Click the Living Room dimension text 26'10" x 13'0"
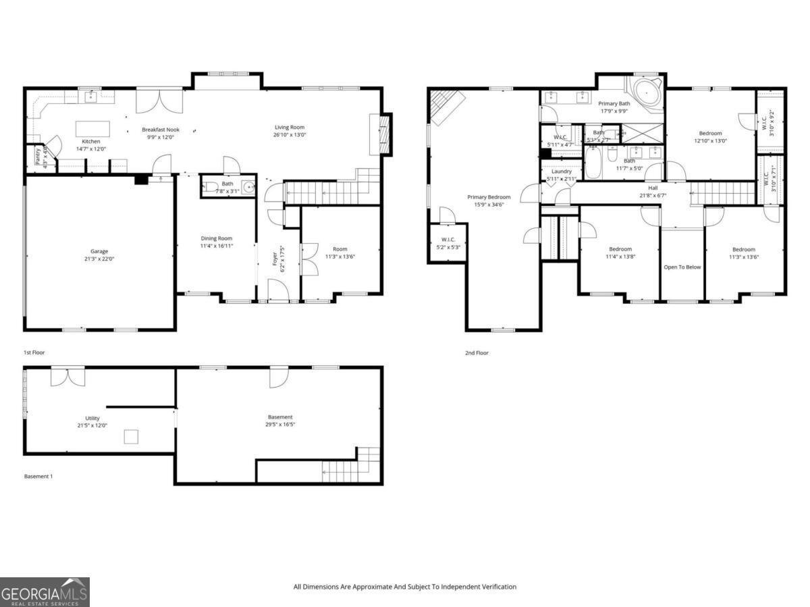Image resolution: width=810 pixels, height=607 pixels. (x=290, y=134)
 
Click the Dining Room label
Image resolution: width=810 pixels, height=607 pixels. (x=216, y=238)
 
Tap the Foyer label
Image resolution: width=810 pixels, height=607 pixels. (x=275, y=264)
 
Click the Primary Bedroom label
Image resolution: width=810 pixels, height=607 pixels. (x=489, y=197)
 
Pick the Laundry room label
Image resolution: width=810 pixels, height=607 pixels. (x=562, y=171)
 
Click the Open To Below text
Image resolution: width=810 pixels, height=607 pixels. (x=682, y=267)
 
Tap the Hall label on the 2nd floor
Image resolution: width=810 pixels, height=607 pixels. (x=653, y=188)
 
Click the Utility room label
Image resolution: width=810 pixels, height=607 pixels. (x=92, y=418)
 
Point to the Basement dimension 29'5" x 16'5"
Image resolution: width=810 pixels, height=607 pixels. (x=280, y=425)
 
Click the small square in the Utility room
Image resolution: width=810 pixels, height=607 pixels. (x=131, y=437)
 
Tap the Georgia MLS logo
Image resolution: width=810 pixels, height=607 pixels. (x=45, y=592)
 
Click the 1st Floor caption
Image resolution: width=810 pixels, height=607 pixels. (x=34, y=352)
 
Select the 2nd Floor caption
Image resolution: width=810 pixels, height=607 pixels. (x=477, y=352)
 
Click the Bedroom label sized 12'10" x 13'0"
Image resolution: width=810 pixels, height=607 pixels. (x=710, y=133)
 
